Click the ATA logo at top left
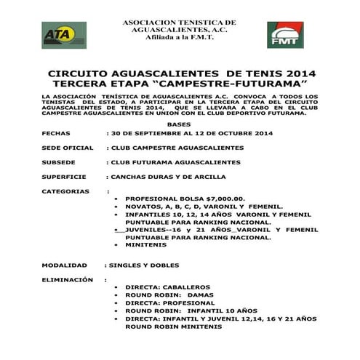click(x=63, y=35)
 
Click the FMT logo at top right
click(x=285, y=35)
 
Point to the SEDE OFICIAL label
click(x=68, y=148)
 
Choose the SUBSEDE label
click(x=59, y=161)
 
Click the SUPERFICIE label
click(x=64, y=176)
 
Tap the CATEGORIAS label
click(x=65, y=191)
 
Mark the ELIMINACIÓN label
click(x=68, y=279)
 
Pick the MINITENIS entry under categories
click(x=146, y=244)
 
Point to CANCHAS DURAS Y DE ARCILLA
click(x=167, y=176)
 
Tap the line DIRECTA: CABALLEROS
click(x=167, y=287)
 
